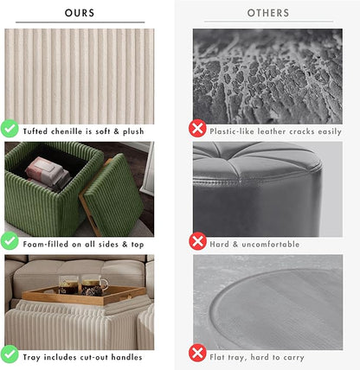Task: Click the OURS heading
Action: point(80,13)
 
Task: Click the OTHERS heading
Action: point(268,13)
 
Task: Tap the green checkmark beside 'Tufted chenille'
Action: point(10,128)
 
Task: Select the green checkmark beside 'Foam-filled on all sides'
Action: point(10,240)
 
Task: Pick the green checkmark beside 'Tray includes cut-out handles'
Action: point(10,354)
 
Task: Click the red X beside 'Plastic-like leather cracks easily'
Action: point(197,128)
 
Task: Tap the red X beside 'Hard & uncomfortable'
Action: point(197,241)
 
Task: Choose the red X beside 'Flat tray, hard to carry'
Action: point(197,354)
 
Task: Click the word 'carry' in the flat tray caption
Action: point(293,358)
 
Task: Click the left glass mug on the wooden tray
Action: point(68,285)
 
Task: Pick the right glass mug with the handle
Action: point(93,285)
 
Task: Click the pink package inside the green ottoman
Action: point(46,171)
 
